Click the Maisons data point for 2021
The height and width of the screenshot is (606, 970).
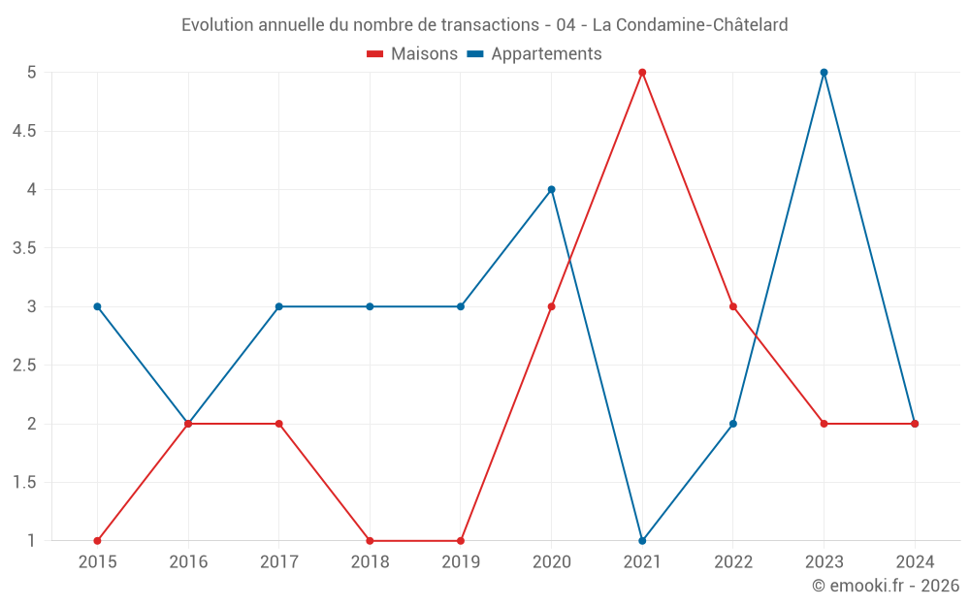642,73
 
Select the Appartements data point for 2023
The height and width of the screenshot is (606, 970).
824,73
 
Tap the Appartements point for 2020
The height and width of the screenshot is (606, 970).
551,189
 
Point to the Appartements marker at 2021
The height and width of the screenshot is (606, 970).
642,540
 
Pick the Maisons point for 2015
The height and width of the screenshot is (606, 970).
97,540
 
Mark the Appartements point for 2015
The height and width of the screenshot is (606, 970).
97,306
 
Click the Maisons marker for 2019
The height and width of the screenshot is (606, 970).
461,540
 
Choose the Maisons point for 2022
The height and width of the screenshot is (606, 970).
733,306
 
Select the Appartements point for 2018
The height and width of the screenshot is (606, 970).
370,306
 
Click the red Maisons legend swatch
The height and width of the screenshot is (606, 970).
375,54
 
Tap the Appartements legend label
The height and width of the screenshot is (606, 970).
546,54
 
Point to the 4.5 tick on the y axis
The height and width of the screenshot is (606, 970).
24,131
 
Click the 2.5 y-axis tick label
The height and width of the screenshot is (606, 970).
24,366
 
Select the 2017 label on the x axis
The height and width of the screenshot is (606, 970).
278,561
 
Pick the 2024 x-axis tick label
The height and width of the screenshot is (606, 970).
915,561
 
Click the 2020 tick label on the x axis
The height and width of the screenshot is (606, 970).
551,561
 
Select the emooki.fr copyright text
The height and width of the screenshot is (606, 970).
886,586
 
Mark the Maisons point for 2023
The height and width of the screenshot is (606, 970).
824,424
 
